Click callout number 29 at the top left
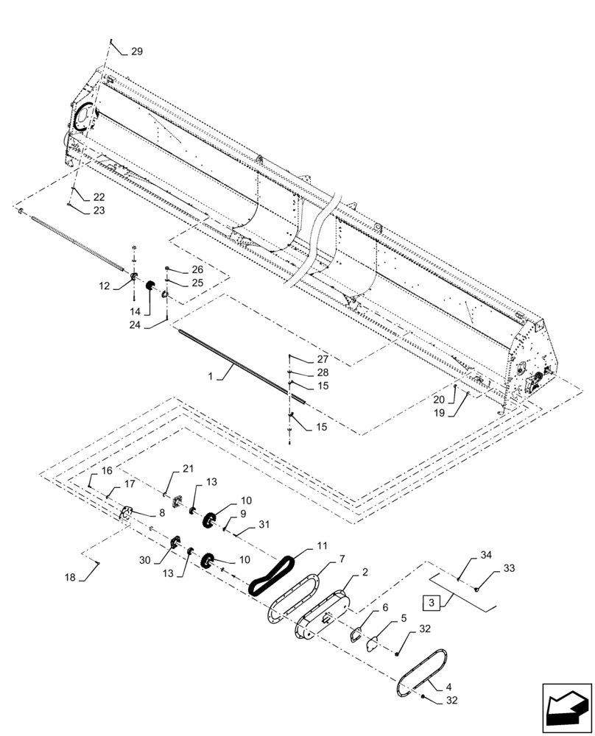pyautogui.click(x=137, y=52)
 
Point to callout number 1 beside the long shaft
pyautogui.click(x=211, y=376)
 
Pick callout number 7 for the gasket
pyautogui.click(x=342, y=560)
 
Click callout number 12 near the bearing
pyautogui.click(x=103, y=286)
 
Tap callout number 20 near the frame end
pyautogui.click(x=439, y=399)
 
